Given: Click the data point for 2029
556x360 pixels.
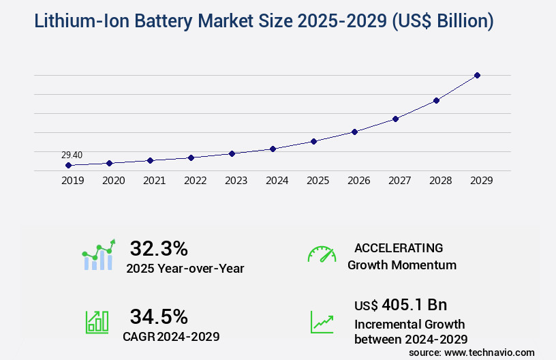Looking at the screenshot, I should coord(477,75).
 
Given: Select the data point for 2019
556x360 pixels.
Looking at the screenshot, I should coord(68,165).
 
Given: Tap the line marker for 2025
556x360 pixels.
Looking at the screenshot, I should coord(313,141).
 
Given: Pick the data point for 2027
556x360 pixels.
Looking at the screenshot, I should coord(395,119).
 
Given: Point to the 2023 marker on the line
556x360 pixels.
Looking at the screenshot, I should coord(232,153).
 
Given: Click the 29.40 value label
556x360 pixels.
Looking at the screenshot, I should coord(72,155).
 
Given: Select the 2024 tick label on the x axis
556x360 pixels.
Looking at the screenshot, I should coord(277,181).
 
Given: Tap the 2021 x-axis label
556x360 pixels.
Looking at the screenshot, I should coord(154,181).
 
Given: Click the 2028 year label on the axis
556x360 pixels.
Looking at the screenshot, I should coord(440,181).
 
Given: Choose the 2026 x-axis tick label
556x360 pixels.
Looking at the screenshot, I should coord(358,181).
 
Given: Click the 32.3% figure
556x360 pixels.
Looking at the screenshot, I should coord(159,248).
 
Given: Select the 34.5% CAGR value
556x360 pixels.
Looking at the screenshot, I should coord(159,316).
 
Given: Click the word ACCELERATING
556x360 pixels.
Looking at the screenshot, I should coord(399,248).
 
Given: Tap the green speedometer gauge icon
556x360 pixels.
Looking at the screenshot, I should coord(322,254).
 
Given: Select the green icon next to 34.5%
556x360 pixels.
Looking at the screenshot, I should coord(97,322).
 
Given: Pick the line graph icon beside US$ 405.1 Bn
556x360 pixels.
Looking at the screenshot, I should coord(322,322).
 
